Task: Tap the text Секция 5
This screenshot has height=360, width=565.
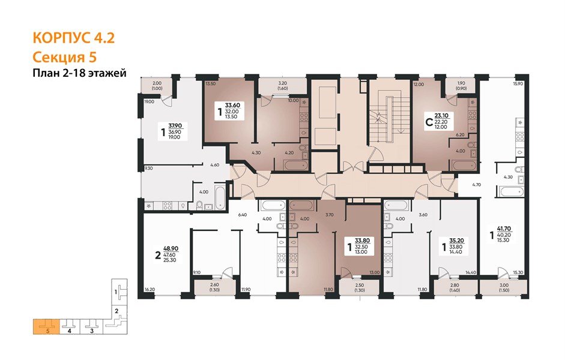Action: click(x=63, y=58)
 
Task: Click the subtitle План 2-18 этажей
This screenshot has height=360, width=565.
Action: click(x=79, y=73)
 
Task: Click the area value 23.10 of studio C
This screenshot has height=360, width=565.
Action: click(x=442, y=116)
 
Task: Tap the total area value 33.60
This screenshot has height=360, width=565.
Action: click(x=232, y=105)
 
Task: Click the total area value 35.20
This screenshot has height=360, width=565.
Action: click(x=458, y=239)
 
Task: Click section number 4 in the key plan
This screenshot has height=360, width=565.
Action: click(x=70, y=330)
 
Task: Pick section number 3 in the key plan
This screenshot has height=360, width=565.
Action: click(x=91, y=330)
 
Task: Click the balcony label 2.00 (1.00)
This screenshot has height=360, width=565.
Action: click(x=158, y=86)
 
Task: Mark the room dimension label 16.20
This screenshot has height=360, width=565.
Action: click(x=150, y=289)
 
